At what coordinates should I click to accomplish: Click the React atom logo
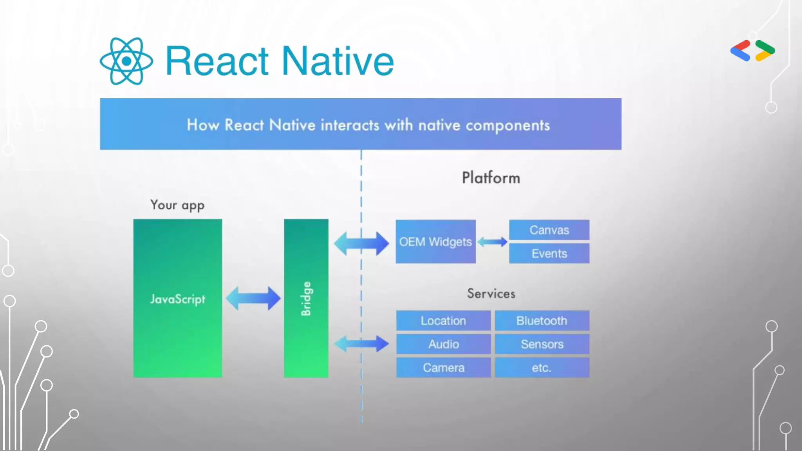point(126,61)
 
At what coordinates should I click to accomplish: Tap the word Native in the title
point(338,61)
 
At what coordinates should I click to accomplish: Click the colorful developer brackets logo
point(753,51)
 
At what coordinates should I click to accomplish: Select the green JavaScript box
point(177,298)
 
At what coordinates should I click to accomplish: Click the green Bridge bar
point(306,298)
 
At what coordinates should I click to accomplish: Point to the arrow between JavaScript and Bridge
point(253,298)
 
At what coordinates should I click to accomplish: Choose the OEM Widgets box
point(435,242)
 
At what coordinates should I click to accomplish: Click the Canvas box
point(549,230)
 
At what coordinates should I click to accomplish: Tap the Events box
point(549,253)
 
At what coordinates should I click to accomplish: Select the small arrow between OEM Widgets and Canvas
point(492,242)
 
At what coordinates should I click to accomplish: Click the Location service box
point(443,321)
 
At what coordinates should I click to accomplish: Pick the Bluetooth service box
point(542,321)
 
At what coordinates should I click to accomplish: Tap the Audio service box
point(443,344)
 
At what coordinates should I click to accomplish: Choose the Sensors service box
point(542,344)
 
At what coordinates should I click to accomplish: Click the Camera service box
point(443,368)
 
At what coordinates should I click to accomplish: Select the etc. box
point(542,368)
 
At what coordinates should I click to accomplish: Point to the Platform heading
point(491,178)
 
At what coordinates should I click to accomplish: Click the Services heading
point(491,294)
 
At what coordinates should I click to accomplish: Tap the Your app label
point(177,205)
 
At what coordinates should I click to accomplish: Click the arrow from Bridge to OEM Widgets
point(361,243)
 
